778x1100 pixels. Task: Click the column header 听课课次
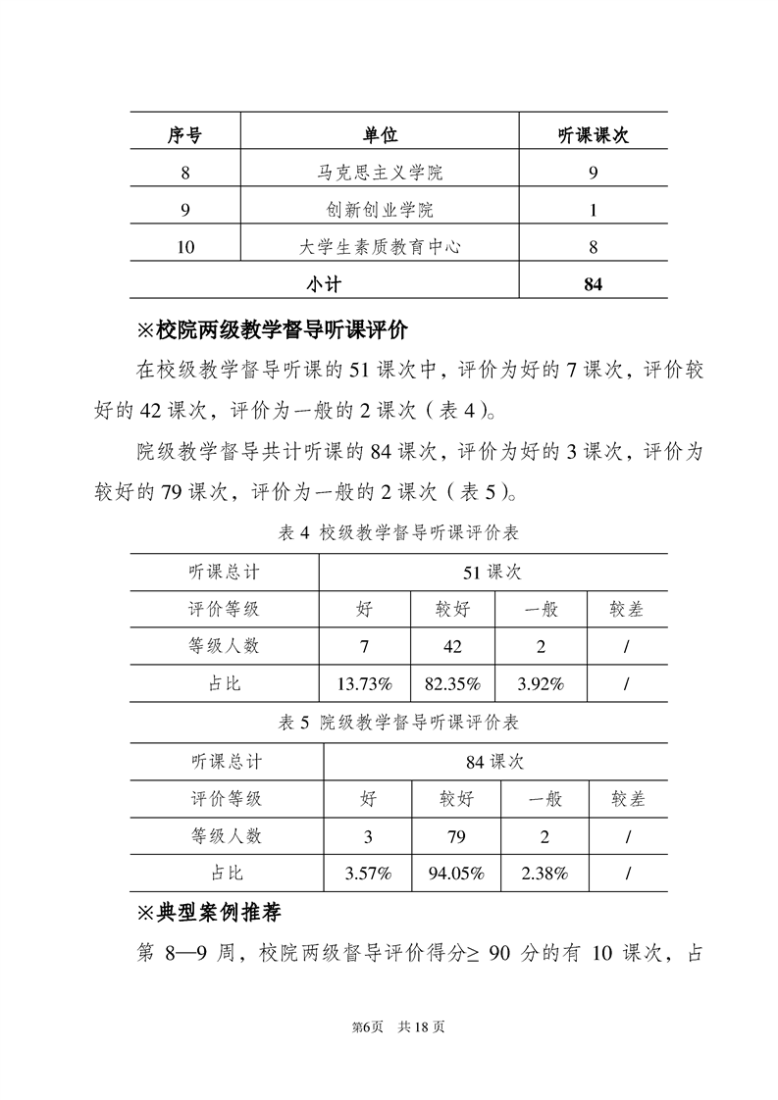tap(593, 135)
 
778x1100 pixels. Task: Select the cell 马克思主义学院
tap(380, 173)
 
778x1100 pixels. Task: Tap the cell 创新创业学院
tap(380, 210)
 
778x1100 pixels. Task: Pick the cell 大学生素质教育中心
tap(380, 247)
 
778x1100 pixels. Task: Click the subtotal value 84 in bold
tap(593, 284)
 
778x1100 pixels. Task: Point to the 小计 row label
tap(324, 284)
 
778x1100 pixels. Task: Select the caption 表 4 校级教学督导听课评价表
tap(398, 533)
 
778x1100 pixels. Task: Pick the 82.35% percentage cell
tap(452, 683)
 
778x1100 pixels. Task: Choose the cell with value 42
tap(452, 646)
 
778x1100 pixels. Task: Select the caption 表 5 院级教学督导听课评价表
tap(398, 724)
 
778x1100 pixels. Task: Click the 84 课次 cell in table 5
tap(495, 761)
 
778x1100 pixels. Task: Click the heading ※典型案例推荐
tap(209, 913)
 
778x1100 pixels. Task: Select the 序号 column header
tap(184, 135)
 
